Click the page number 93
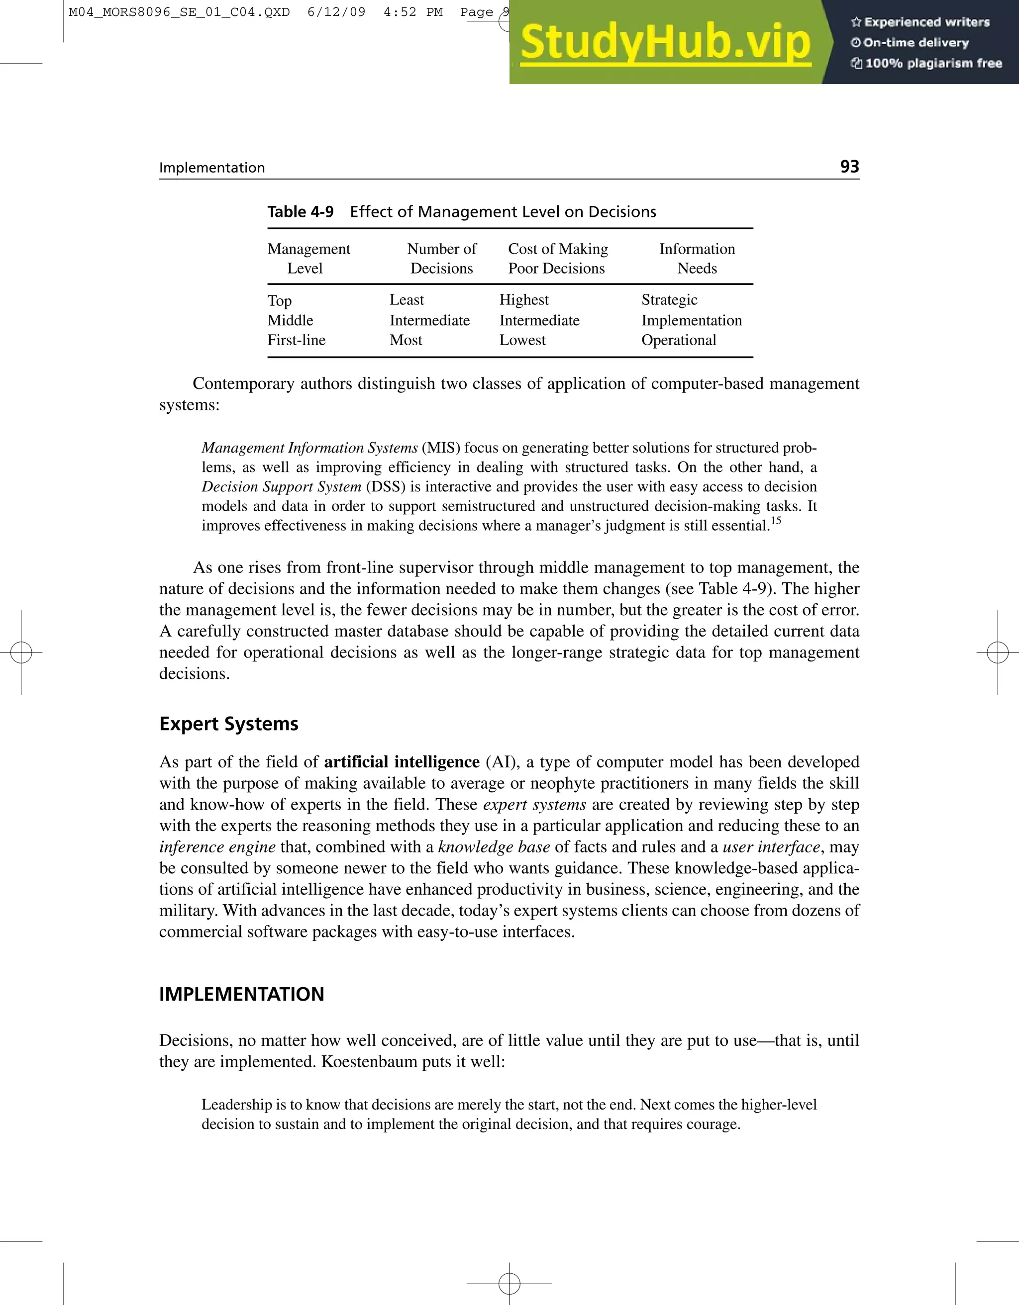(849, 166)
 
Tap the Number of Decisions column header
(442, 258)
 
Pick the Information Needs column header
(697, 258)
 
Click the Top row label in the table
(280, 300)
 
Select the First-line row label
(297, 340)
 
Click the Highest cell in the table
(523, 299)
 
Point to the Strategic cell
(669, 299)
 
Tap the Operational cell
(678, 340)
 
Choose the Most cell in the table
(406, 340)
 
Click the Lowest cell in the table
(522, 340)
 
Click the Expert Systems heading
(229, 724)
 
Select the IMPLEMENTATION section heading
(241, 994)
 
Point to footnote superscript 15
(775, 520)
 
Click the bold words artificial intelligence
(402, 762)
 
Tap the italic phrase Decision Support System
(282, 486)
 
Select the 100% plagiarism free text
(933, 63)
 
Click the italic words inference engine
(217, 846)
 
